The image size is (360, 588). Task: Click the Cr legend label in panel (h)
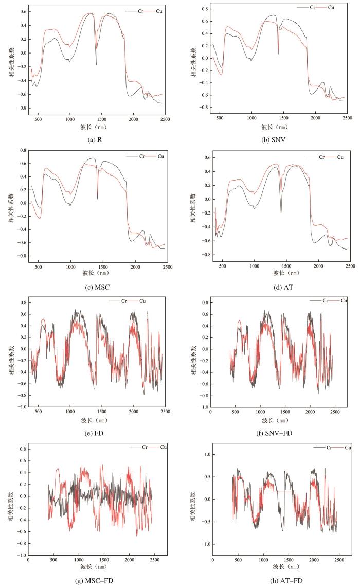tap(334, 447)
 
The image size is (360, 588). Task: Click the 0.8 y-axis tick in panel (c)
tap(23, 150)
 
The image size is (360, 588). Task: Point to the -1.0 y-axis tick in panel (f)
tap(203, 407)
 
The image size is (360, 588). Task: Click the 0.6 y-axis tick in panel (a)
tap(23, 11)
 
